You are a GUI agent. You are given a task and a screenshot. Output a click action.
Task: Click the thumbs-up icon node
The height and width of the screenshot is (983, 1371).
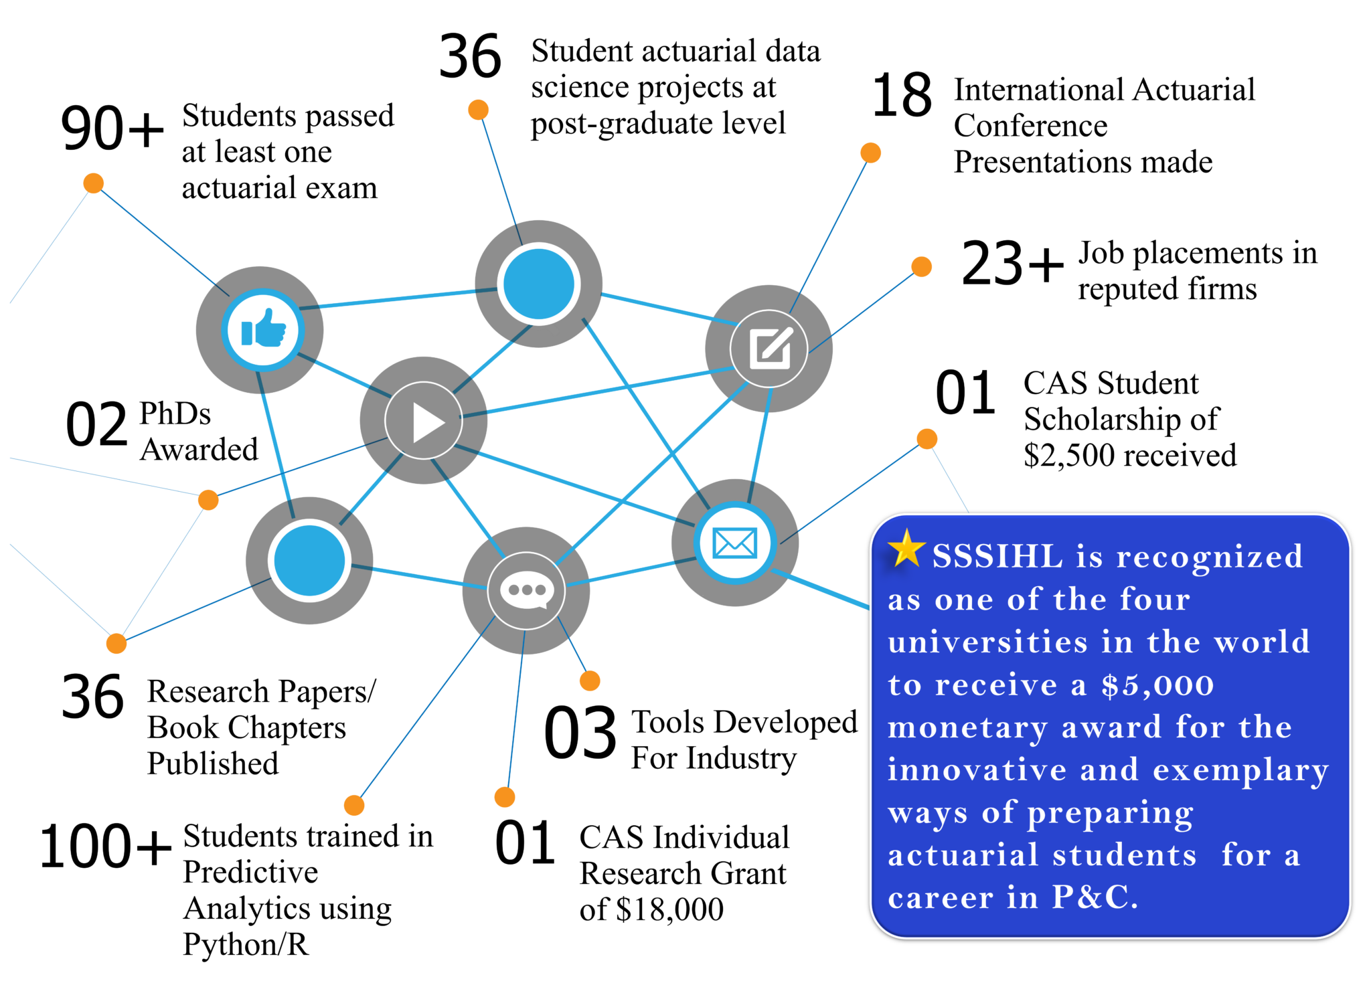(263, 329)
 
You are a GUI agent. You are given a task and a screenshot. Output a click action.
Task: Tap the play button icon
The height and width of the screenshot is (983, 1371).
(424, 421)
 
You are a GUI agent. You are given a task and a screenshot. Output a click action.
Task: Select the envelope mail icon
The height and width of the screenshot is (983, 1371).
(735, 543)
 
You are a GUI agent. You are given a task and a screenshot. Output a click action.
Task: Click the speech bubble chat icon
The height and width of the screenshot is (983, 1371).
(526, 591)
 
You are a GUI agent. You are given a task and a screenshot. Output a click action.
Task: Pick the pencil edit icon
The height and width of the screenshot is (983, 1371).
(769, 349)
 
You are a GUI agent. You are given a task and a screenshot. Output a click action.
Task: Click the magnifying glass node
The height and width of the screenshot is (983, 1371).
(539, 284)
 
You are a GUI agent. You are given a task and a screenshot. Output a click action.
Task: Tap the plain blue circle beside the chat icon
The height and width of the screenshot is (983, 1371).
(309, 560)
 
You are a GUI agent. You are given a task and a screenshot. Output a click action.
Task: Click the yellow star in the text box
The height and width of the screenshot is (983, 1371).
(906, 548)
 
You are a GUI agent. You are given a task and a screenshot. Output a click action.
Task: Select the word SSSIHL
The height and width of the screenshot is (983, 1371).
(997, 556)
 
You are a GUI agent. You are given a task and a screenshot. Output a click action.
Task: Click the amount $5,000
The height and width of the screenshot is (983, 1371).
(1157, 685)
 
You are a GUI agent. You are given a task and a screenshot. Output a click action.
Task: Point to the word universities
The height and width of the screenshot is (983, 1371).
(987, 642)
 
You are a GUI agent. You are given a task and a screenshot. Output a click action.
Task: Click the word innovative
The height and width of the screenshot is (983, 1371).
(977, 770)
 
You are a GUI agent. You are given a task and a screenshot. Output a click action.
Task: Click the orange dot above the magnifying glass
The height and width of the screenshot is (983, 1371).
(479, 110)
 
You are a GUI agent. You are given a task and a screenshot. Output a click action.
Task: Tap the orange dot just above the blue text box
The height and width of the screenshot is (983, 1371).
(927, 439)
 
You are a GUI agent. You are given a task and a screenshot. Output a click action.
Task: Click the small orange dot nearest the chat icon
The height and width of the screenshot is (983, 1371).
(590, 681)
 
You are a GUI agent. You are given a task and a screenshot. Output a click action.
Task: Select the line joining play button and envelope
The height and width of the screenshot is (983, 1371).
(569, 484)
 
